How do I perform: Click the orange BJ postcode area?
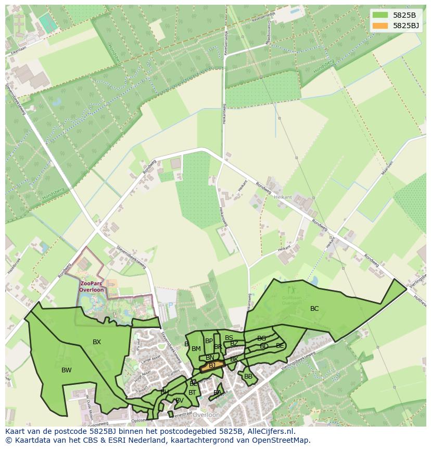212,366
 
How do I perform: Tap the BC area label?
314,309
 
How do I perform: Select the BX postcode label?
97,342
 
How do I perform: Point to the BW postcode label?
67,370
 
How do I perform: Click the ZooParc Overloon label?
92,286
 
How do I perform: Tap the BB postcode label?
248,377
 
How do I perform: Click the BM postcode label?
196,349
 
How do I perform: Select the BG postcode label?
261,338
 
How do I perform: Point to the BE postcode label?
280,346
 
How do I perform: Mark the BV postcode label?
180,401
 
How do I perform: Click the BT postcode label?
193,393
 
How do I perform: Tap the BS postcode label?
229,338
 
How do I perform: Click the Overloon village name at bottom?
206,415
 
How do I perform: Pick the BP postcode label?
209,341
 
